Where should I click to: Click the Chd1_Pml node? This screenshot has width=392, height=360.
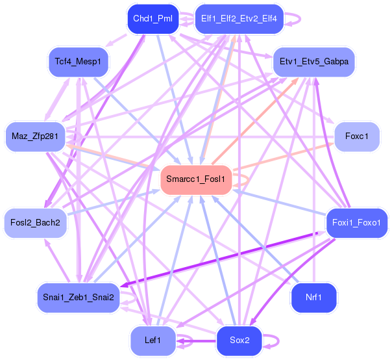click(151, 18)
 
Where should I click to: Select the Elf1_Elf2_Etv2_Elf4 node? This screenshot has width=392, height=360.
click(239, 18)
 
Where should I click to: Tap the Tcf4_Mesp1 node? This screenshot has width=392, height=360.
click(78, 61)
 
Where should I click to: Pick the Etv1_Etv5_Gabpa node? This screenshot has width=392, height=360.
click(313, 62)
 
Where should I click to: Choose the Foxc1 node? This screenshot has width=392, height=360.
click(357, 136)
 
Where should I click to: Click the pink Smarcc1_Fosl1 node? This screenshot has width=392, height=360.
click(196, 179)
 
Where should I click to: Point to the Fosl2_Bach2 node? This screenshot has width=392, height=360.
click(36, 222)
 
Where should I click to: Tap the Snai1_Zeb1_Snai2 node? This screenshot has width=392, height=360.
click(78, 297)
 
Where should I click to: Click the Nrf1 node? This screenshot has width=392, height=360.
click(314, 297)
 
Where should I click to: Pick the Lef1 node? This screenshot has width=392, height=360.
click(153, 340)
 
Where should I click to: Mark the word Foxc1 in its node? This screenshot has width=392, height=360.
click(357, 136)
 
